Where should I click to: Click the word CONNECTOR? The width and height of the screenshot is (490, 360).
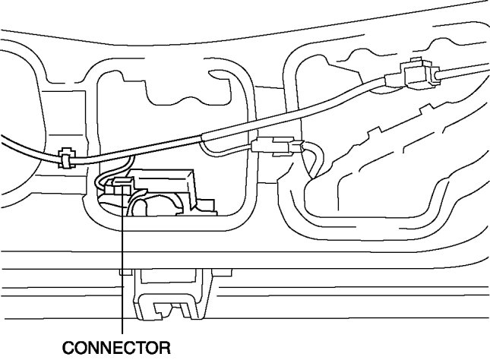point(115,348)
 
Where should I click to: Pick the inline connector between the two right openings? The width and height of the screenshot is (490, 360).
point(273,145)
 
